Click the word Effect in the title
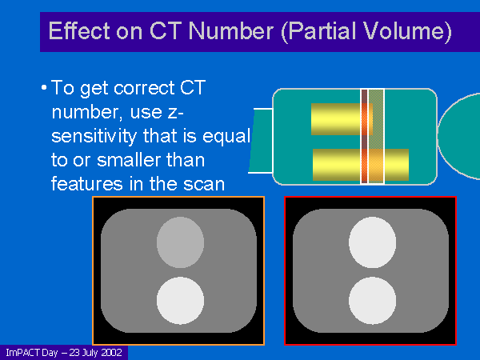coord(79,30)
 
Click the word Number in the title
coord(231,31)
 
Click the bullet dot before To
coord(44,88)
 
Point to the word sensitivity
coord(94,137)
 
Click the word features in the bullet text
coord(87,184)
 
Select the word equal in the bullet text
coord(226,137)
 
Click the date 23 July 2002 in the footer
coord(96,353)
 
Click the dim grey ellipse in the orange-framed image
coord(180,242)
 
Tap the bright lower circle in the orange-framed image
coord(180,301)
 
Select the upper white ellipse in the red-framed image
coord(372,242)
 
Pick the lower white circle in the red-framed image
coord(372,301)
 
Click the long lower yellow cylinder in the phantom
coord(361,165)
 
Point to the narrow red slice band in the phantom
coord(364,137)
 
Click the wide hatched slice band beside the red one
coord(376,137)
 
